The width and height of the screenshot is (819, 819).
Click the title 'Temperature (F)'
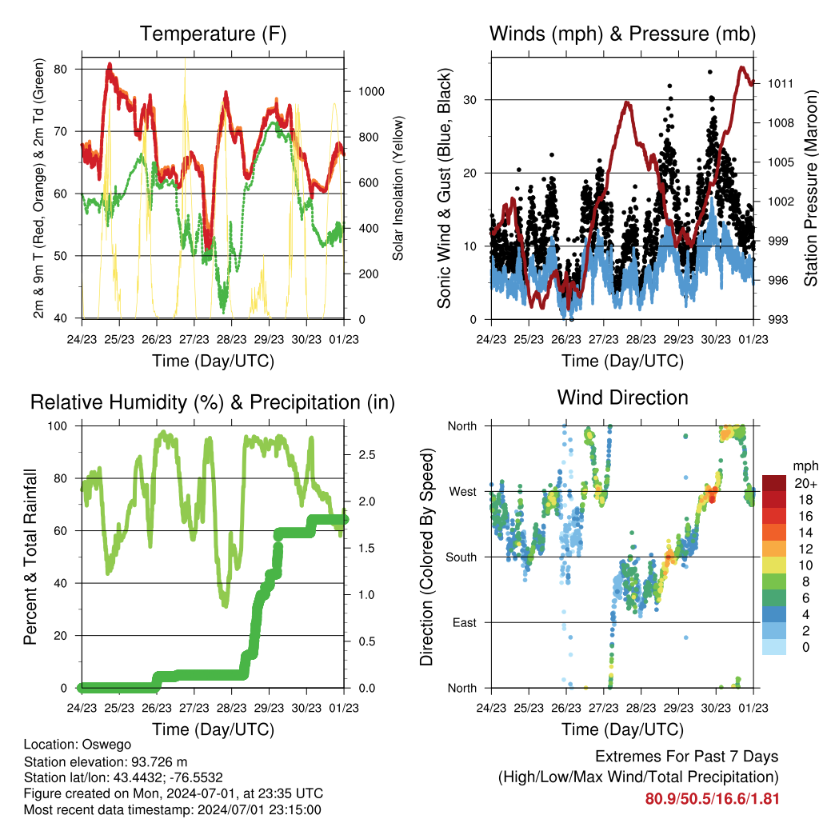point(213,34)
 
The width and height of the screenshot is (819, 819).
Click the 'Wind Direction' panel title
point(622,398)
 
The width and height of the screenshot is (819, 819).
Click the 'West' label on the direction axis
point(461,491)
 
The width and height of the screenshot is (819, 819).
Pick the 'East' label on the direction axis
point(463,622)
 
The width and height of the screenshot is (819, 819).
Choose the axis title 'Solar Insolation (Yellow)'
point(398,188)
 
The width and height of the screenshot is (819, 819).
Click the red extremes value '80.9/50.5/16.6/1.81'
point(712,798)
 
